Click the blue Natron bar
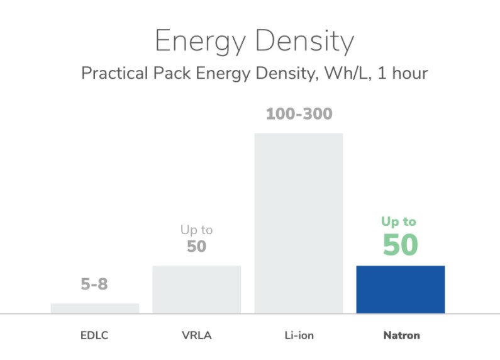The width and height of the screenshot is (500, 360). pyautogui.click(x=400, y=289)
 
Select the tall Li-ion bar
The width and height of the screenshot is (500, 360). pyautogui.click(x=298, y=223)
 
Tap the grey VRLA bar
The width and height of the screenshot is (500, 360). pyautogui.click(x=197, y=289)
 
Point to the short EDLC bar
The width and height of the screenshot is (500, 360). pyautogui.click(x=94, y=308)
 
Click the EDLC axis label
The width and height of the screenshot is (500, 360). pyautogui.click(x=94, y=335)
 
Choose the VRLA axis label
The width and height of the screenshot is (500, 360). pyautogui.click(x=197, y=335)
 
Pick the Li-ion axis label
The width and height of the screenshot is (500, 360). pyautogui.click(x=298, y=335)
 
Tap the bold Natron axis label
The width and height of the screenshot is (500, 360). pyautogui.click(x=401, y=335)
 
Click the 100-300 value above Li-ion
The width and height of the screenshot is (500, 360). pyautogui.click(x=299, y=115)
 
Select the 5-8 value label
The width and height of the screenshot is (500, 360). pyautogui.click(x=94, y=284)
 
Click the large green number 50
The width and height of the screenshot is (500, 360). pyautogui.click(x=400, y=245)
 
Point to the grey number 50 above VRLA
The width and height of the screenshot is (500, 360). pyautogui.click(x=197, y=247)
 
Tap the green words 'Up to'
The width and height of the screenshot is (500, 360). pyautogui.click(x=399, y=222)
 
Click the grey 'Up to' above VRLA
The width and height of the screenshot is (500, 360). pyautogui.click(x=197, y=230)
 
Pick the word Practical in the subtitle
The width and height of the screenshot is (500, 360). pyautogui.click(x=113, y=74)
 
